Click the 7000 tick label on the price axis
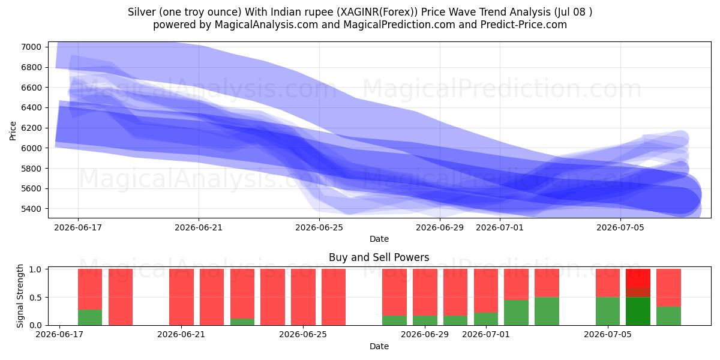[x=31, y=47]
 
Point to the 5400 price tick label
[x=31, y=209]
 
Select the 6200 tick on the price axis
[x=31, y=128]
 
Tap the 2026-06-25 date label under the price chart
[x=319, y=227]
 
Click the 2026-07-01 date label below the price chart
[x=500, y=227]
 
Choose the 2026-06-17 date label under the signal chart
[x=59, y=334]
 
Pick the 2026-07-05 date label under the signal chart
[x=608, y=334]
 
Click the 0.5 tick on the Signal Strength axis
[x=35, y=298]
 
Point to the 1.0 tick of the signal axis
[x=35, y=269]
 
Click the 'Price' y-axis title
[x=13, y=131]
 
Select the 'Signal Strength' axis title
[x=20, y=296]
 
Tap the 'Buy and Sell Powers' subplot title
[x=379, y=257]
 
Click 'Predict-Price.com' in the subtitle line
[x=524, y=25]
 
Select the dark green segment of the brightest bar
[x=638, y=311]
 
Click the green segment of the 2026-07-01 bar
[x=486, y=319]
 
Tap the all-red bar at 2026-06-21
[x=182, y=297]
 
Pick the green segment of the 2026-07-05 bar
[x=608, y=311]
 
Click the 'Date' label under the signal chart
[x=379, y=346]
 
